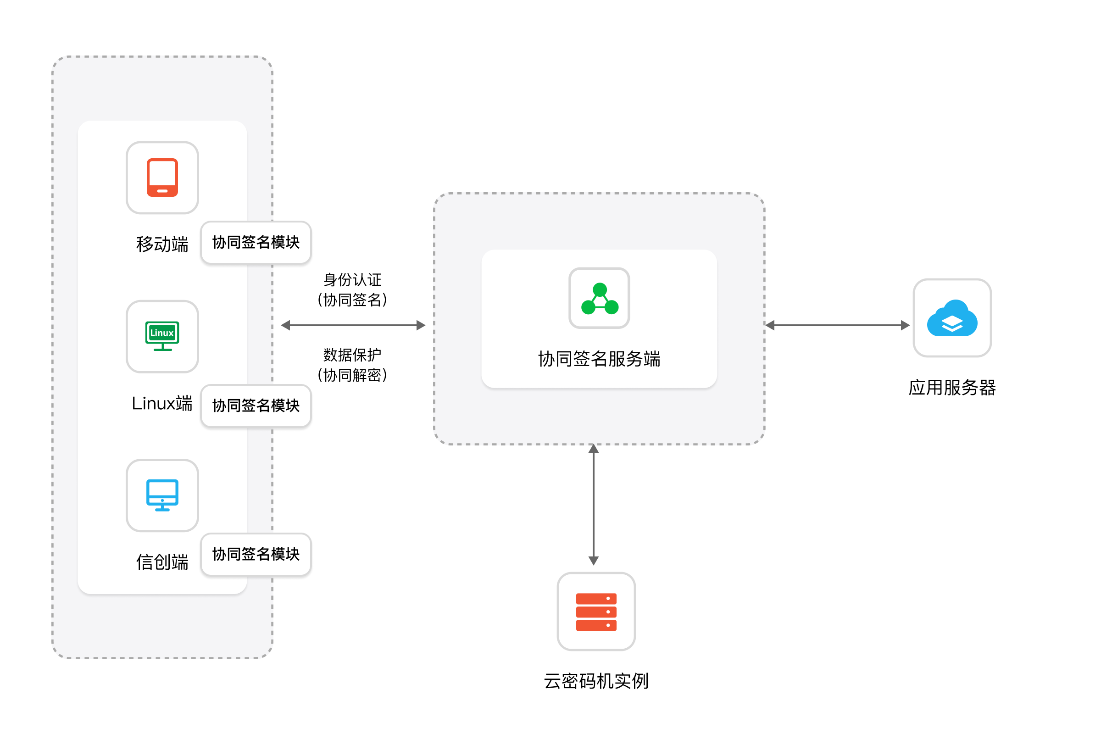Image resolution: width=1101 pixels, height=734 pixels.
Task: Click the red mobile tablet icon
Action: click(x=162, y=178)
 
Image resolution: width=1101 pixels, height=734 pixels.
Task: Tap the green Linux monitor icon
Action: click(x=162, y=336)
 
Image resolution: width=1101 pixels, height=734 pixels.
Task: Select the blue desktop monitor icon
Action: click(x=162, y=495)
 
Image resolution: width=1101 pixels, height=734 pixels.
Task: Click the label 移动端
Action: click(x=162, y=245)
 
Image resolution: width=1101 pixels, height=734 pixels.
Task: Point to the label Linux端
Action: click(x=162, y=404)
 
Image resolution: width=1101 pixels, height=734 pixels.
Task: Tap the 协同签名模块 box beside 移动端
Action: click(x=256, y=243)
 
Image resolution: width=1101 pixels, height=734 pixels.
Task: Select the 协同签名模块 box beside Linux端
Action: click(x=256, y=406)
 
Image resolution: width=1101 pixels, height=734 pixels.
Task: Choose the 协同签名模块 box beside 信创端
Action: click(x=256, y=554)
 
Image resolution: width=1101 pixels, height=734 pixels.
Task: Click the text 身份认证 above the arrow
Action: click(x=352, y=280)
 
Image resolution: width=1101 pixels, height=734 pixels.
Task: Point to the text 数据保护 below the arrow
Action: click(x=352, y=355)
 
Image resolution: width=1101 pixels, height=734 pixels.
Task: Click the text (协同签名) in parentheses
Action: click(x=352, y=300)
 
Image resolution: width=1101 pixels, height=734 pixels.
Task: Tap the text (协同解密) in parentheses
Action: click(x=352, y=375)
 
